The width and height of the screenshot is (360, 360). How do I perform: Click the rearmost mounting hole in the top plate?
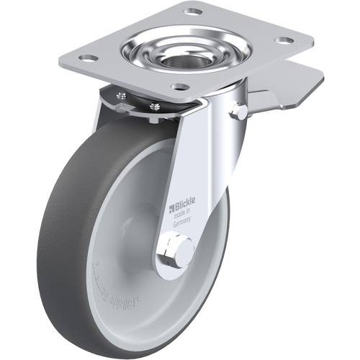tap(193, 12)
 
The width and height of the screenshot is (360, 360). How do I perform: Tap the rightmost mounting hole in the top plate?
tap(284, 40)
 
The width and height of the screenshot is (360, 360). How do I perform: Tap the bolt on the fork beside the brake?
tap(239, 111)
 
